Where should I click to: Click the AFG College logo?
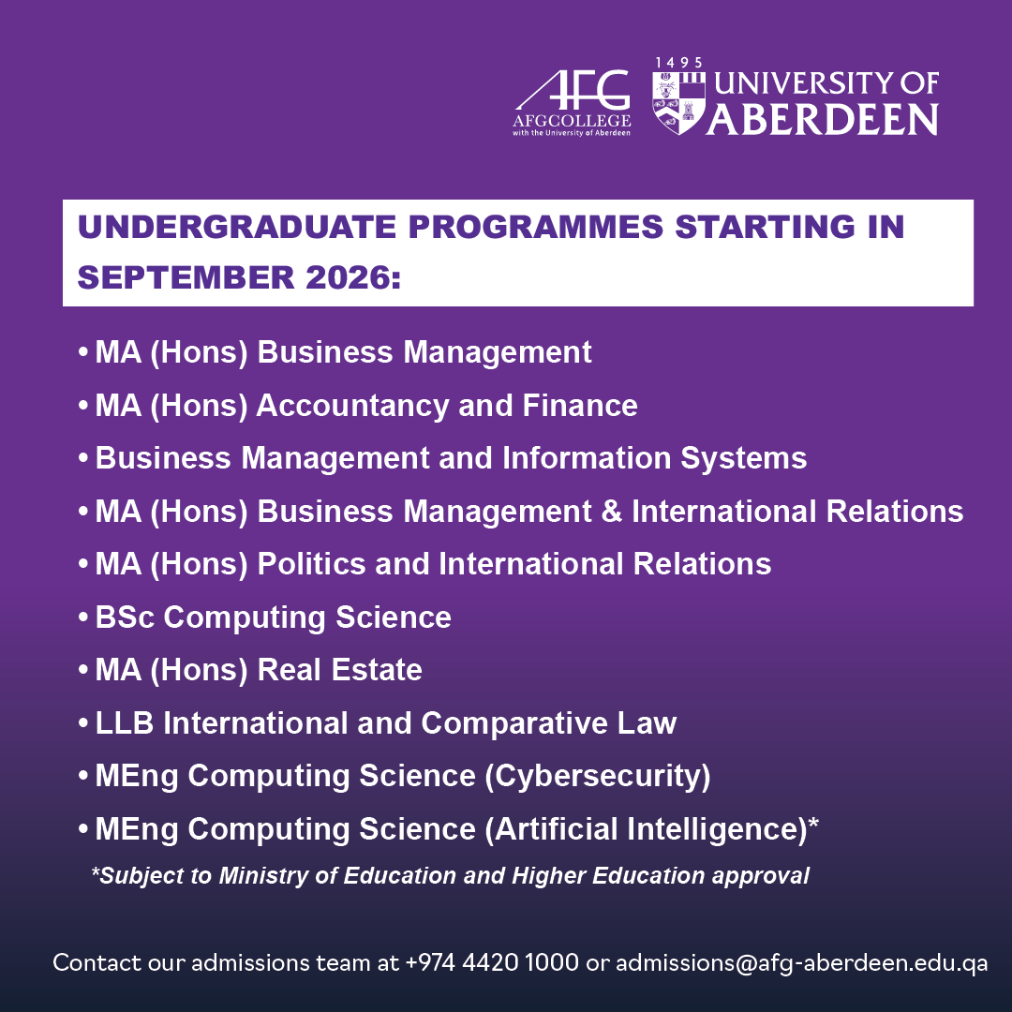pos(572,101)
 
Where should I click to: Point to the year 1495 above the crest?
pos(678,63)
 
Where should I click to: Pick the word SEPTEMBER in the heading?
pos(165,278)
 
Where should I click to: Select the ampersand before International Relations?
pos(611,512)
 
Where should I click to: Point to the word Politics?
pos(310,564)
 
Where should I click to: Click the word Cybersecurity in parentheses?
pos(596,777)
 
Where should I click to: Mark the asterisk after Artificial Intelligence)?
pos(813,825)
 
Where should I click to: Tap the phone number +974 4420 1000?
pos(492,962)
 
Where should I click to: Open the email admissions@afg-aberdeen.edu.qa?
pos(801,962)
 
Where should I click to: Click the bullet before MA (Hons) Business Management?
pos(83,353)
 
